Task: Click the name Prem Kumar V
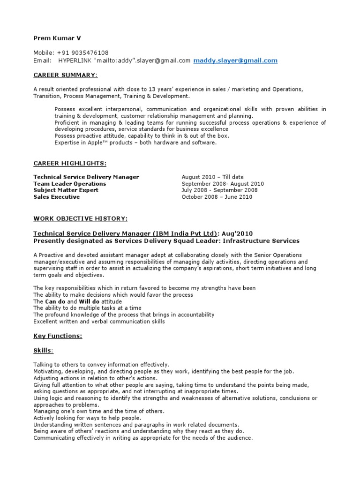[53, 37]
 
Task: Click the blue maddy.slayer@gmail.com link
[235, 60]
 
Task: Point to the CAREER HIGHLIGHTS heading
[70, 163]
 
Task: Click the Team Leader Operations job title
[70, 184]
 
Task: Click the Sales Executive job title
[57, 197]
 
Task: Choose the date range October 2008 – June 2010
[217, 197]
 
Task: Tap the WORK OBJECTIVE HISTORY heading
[80, 219]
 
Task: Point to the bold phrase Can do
[55, 301]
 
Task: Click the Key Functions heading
[58, 336]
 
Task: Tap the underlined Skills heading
[43, 350]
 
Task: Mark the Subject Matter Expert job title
[66, 190]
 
